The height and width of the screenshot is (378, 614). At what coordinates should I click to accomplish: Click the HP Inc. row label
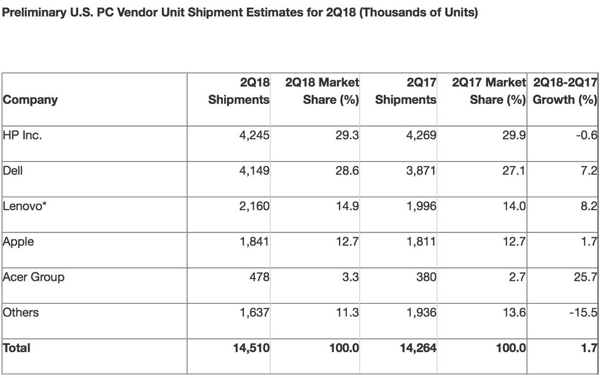click(x=22, y=135)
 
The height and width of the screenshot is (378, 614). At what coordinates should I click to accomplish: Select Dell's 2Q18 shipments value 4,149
click(x=254, y=171)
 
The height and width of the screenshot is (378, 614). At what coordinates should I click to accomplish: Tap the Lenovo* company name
click(x=25, y=207)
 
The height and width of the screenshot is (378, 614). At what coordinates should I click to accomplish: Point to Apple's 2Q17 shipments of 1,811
click(x=421, y=242)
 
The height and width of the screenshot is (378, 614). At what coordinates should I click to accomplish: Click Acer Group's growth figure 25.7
click(x=585, y=277)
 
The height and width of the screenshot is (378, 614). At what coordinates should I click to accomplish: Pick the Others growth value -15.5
click(x=583, y=312)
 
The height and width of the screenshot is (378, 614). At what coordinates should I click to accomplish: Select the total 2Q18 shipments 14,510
click(x=251, y=348)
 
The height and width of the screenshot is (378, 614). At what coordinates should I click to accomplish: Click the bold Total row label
click(x=17, y=348)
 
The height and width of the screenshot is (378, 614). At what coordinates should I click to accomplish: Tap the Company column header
click(x=30, y=100)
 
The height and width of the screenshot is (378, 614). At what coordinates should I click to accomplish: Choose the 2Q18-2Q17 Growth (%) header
click(x=565, y=91)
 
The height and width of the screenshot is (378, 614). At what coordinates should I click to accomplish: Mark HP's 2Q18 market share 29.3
click(x=347, y=135)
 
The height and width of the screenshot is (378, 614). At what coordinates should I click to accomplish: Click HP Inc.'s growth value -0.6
click(x=586, y=135)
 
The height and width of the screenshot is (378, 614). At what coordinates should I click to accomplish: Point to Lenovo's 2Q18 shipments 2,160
click(x=254, y=207)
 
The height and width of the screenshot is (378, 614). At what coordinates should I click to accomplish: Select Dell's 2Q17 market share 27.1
click(x=514, y=171)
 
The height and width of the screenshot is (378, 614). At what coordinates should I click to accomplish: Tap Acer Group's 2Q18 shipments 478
click(x=259, y=277)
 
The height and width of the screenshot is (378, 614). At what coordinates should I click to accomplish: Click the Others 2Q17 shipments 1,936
click(x=421, y=312)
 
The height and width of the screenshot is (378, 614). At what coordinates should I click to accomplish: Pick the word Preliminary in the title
click(x=34, y=13)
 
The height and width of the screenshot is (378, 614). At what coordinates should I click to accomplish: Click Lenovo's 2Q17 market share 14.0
click(x=514, y=207)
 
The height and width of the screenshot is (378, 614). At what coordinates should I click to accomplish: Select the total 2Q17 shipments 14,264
click(x=418, y=348)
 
